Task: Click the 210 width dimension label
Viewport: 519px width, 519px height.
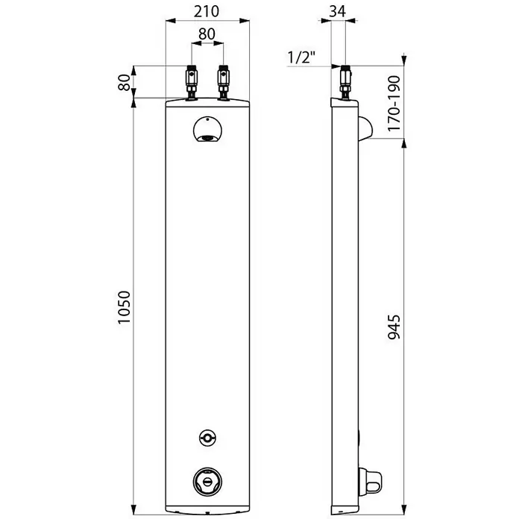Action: pos(207,11)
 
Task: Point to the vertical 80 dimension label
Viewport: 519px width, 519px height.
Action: pos(125,83)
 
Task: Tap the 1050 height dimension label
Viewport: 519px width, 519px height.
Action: pos(125,307)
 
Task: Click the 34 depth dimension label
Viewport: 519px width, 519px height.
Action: pos(338,11)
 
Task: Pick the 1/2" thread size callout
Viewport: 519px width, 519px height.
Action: pos(301,57)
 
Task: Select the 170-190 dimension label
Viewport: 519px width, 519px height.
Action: pos(394,103)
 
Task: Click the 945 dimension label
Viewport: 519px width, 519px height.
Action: pos(394,327)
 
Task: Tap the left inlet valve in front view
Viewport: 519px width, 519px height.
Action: pos(192,83)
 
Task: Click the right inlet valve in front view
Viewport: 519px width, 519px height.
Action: pos(223,83)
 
